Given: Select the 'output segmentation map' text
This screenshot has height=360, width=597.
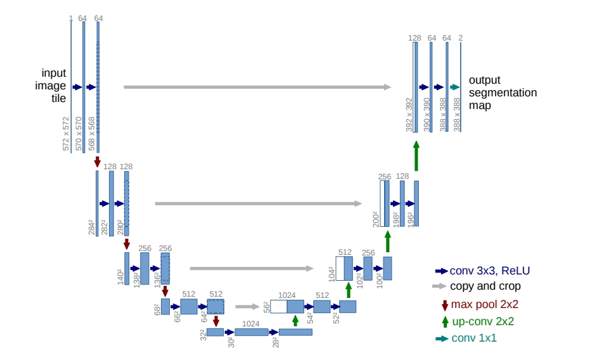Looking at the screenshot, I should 503,93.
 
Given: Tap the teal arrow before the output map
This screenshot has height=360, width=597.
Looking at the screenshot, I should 454,87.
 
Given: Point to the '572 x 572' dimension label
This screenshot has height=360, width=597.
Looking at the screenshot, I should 67,134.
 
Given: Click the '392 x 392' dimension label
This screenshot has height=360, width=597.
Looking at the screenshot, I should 409,114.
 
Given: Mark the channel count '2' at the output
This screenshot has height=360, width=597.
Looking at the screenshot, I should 460,38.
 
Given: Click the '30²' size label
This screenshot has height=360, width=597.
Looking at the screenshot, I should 230,342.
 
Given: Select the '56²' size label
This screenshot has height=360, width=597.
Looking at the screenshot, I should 266,307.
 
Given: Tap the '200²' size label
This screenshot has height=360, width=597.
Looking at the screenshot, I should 375,219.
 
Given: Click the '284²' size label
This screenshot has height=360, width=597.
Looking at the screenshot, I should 91,227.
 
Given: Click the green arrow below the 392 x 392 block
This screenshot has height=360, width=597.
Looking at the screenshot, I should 416,155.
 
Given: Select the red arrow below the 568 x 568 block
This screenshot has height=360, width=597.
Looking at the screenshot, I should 97,162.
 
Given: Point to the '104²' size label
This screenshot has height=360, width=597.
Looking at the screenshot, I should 331,274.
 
